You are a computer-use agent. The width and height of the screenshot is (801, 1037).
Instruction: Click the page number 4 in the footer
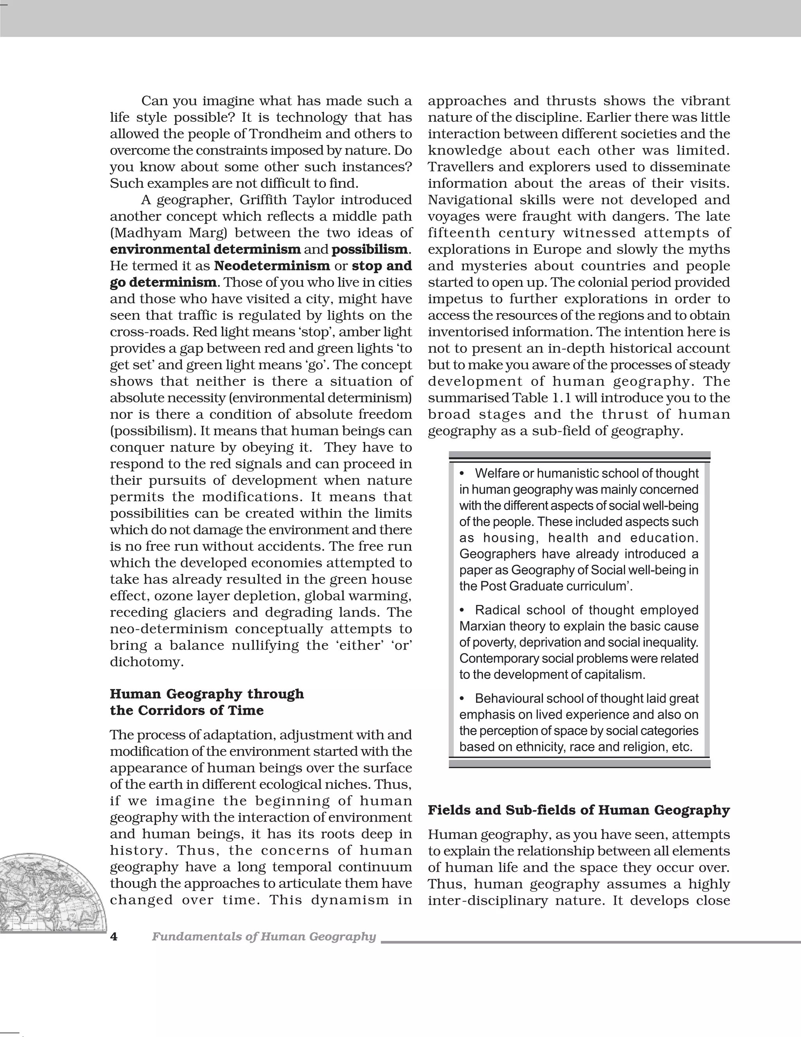pyautogui.click(x=113, y=936)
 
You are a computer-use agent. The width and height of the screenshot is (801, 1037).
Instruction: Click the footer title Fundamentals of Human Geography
pyautogui.click(x=264, y=936)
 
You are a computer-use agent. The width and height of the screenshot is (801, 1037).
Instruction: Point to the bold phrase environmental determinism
pyautogui.click(x=205, y=249)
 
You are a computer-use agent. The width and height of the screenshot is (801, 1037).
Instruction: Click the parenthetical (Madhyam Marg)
pyautogui.click(x=169, y=233)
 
